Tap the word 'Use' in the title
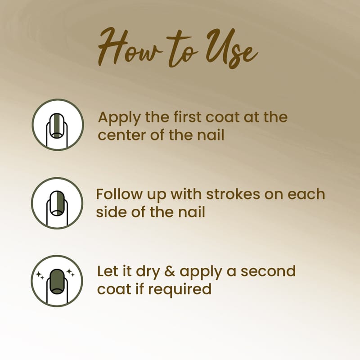click(231, 48)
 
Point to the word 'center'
click(122, 135)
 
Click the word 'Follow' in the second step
click(119, 194)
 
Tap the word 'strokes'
click(233, 194)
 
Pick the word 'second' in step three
click(268, 271)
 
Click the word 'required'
click(180, 290)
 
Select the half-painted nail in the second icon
click(57, 203)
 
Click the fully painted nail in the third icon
click(57, 282)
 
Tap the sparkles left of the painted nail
click(40, 275)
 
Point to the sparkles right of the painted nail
click(71, 273)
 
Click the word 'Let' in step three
click(107, 271)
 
